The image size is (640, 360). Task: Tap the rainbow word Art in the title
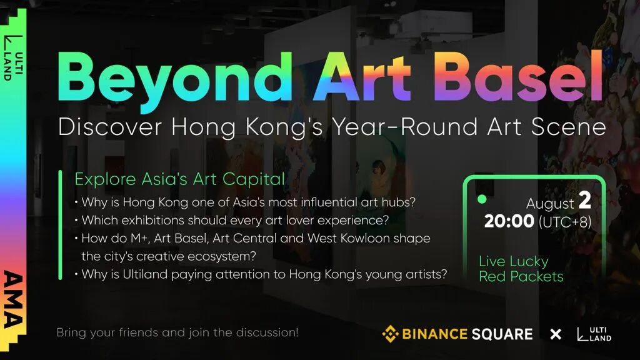pos(362,77)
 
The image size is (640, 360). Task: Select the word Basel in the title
pos(518,77)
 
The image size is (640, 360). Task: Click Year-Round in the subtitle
pos(404,126)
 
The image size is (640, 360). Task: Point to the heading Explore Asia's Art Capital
pos(179,179)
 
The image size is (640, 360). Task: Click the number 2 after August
pos(585,200)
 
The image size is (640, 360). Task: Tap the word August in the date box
pos(550,204)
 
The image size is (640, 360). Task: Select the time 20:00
pos(509,221)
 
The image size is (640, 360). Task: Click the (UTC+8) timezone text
pos(565,222)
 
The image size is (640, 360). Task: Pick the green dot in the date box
pos(482,199)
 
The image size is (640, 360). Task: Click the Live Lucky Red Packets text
pos(521,269)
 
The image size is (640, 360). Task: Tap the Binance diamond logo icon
pos(390,334)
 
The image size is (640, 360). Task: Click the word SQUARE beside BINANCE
pos(502,334)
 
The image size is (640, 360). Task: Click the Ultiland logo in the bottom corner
pos(594,334)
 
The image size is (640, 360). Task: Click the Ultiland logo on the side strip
pos(13,57)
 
